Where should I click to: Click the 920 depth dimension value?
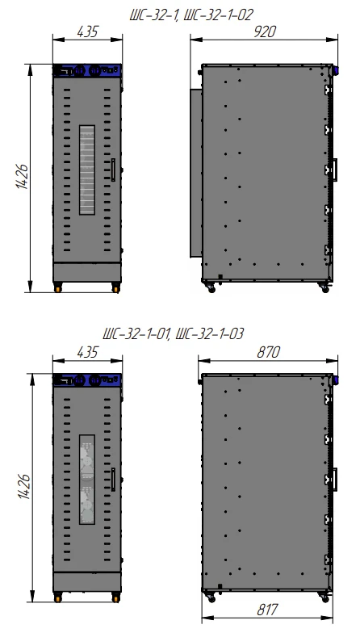pyautogui.click(x=265, y=31)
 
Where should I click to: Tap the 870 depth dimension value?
pyautogui.click(x=268, y=352)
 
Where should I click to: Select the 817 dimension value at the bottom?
pyautogui.click(x=268, y=610)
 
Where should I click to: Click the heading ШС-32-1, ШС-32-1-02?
pyautogui.click(x=191, y=15)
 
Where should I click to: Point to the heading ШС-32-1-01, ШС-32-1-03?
pyautogui.click(x=173, y=334)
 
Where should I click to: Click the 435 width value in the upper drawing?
pyautogui.click(x=87, y=31)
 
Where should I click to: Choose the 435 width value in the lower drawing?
pyautogui.click(x=87, y=352)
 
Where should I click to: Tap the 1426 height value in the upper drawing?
pyautogui.click(x=23, y=177)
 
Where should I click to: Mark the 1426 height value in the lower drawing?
pyautogui.click(x=24, y=486)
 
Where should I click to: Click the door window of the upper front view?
pyautogui.click(x=87, y=170)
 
